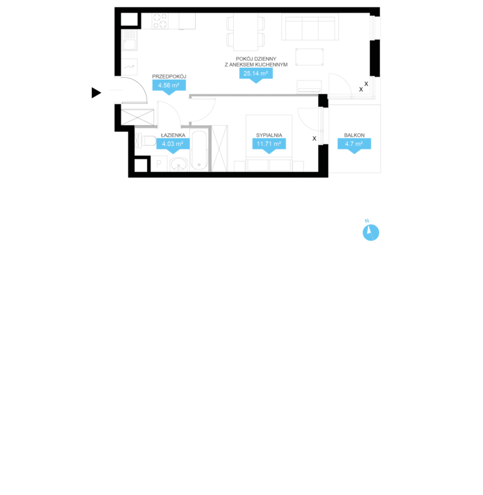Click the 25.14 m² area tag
coord(256,75)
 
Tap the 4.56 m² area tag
coord(169,87)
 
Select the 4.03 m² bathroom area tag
coord(173,145)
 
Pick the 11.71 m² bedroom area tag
coord(269,145)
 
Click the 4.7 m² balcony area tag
coord(354,145)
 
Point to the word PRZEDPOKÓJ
coord(169,76)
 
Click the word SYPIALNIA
coord(269,135)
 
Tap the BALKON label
coord(354,135)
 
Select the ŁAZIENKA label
coord(173,135)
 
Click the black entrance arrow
coord(96,93)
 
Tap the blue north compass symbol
coord(370,232)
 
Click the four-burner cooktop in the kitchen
coord(160,21)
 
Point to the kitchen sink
coord(130,40)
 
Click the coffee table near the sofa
coord(309,57)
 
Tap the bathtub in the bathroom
coord(199,151)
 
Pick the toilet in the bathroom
coord(146,141)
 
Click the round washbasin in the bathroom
coord(179,165)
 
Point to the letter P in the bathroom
coord(159,163)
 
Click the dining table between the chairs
coord(246,31)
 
